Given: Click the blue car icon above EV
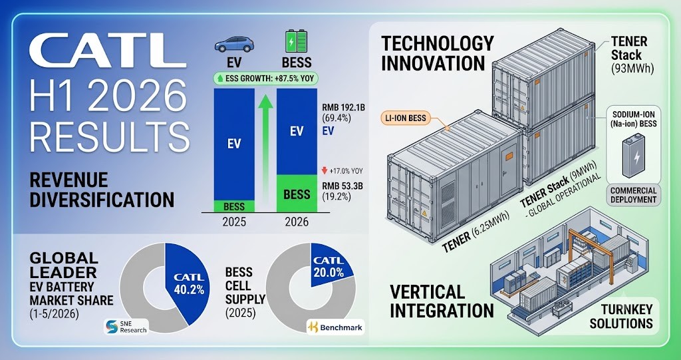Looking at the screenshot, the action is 234,45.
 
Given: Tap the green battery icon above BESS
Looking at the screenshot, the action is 296,42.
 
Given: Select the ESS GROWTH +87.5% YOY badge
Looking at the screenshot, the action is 266,79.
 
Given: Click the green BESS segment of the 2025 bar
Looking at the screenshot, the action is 234,206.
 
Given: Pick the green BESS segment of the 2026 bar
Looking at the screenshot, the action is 297,194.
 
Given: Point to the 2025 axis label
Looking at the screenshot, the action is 234,222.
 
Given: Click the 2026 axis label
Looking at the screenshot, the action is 297,222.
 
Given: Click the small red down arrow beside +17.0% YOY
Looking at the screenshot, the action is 325,171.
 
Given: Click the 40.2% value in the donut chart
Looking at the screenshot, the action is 189,290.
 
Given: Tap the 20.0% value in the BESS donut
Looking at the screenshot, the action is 329,273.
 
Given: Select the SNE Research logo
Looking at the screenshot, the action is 126,327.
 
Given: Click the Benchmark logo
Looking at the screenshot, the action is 335,327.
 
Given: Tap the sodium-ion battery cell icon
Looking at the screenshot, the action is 634,158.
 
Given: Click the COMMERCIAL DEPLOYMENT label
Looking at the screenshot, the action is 634,195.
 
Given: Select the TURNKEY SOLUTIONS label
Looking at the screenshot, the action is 626,316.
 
